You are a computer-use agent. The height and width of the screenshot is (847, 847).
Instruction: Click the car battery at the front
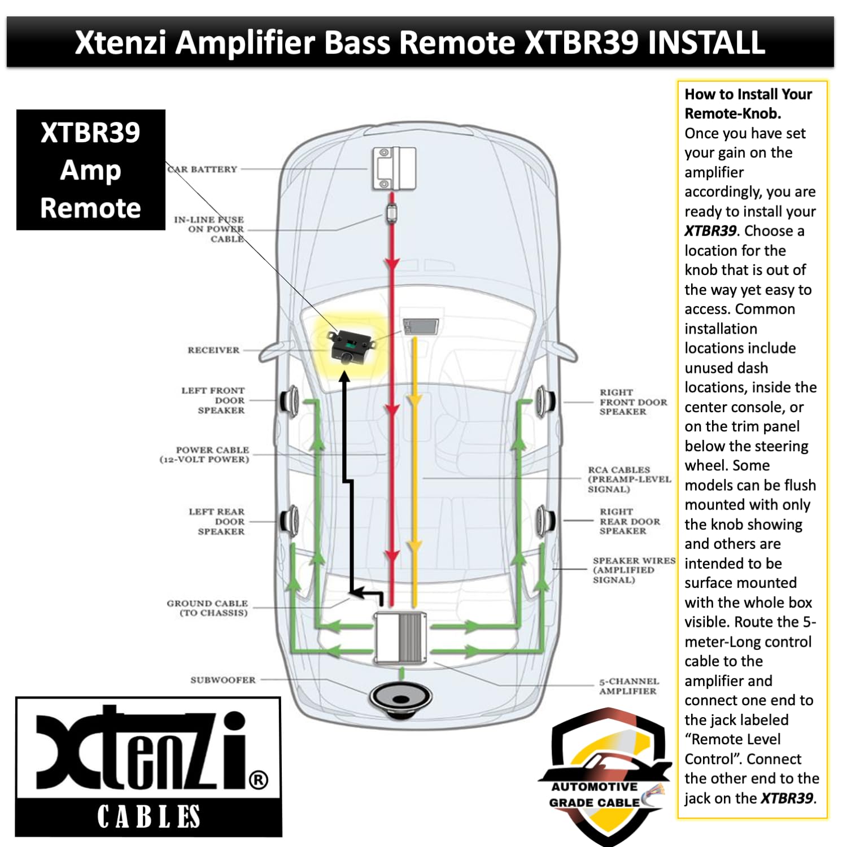coord(394,168)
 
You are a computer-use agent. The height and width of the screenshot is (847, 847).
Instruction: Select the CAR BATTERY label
coord(203,169)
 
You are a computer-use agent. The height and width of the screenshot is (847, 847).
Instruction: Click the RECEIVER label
coord(213,350)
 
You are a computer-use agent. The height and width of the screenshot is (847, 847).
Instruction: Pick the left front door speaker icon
coord(290,401)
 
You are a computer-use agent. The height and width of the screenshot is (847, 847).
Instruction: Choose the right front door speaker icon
coord(545,401)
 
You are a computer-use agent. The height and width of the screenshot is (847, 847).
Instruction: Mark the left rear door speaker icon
coord(290,520)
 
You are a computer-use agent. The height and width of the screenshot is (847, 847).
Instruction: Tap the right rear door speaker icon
coord(545,520)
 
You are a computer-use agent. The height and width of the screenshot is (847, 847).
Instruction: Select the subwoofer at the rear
coord(401,700)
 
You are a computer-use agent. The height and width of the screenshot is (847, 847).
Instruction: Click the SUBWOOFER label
coord(223,680)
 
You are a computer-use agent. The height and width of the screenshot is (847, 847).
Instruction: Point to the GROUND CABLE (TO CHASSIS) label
coord(207,608)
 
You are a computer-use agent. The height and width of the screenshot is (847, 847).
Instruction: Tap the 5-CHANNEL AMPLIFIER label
coord(629,686)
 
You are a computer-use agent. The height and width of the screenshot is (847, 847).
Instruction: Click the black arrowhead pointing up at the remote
coord(345,376)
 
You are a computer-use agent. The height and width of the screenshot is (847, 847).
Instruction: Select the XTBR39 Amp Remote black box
coord(91,170)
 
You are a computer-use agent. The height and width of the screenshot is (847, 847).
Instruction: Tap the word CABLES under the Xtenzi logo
coord(149,817)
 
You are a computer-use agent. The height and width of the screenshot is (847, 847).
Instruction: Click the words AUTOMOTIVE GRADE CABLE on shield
coord(595,794)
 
